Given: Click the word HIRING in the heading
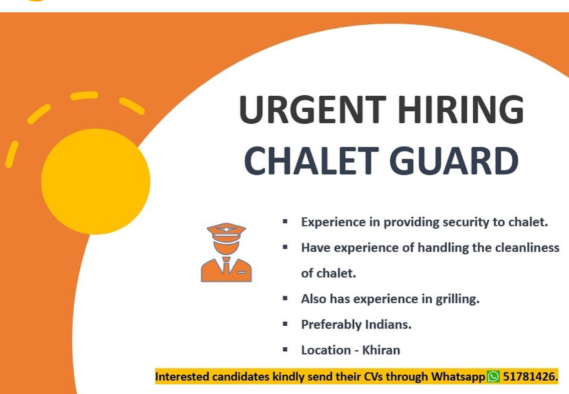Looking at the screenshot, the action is [x=461, y=109].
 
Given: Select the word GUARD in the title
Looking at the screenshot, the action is [x=454, y=161].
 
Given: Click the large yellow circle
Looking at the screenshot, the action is [x=95, y=181].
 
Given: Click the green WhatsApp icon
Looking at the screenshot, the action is [x=493, y=376].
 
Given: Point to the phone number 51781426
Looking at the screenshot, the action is [x=531, y=377].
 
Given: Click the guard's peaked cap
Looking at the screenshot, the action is [x=226, y=232].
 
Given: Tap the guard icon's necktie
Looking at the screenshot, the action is [x=226, y=265].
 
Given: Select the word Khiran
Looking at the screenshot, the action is [x=381, y=350].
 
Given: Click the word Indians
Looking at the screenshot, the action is [x=388, y=324].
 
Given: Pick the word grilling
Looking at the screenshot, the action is [x=458, y=299].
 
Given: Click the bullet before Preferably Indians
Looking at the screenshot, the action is [x=285, y=324].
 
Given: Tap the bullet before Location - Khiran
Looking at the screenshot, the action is [x=285, y=350].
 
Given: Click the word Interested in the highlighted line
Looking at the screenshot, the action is [x=182, y=377].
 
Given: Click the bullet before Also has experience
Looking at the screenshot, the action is [x=285, y=298].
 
